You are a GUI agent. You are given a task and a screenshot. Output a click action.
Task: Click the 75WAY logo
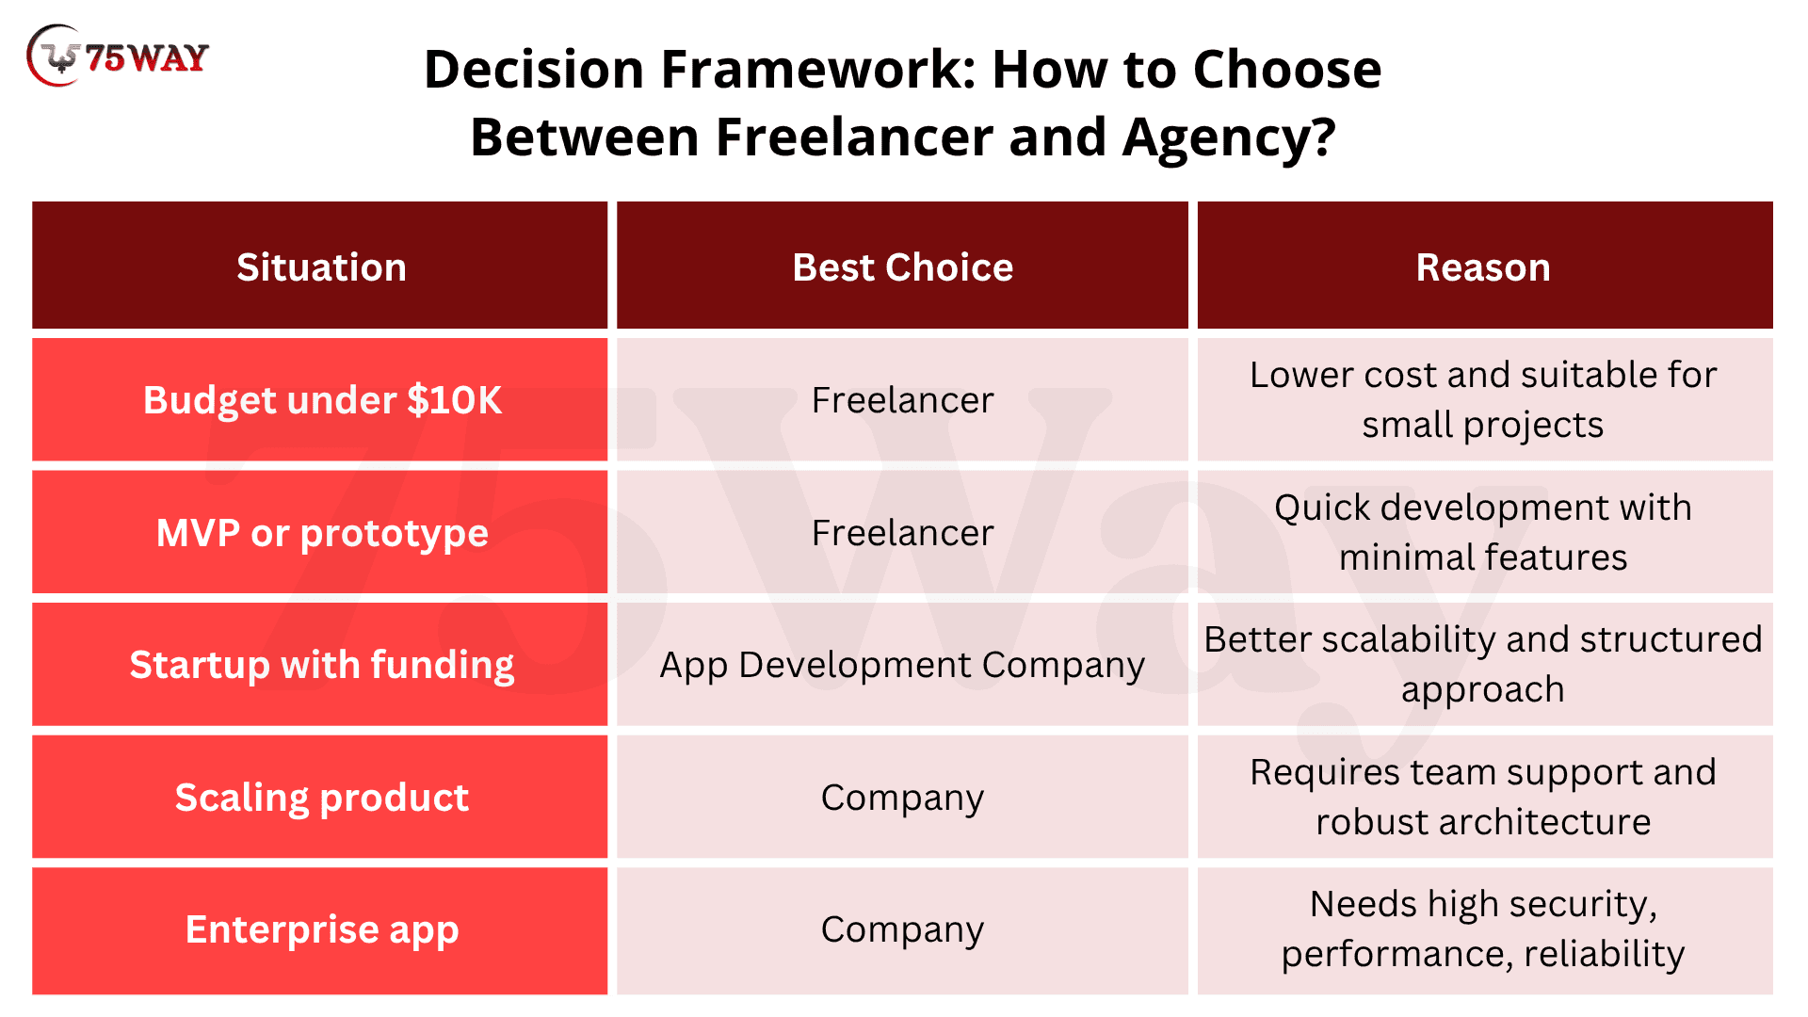pyautogui.click(x=118, y=56)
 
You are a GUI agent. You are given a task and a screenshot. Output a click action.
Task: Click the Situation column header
pyautogui.click(x=321, y=267)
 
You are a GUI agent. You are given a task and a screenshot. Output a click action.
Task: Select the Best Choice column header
pyautogui.click(x=902, y=267)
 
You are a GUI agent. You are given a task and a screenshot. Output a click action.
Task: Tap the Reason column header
pyautogui.click(x=1483, y=267)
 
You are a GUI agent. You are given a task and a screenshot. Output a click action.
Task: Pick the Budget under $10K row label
pyautogui.click(x=322, y=400)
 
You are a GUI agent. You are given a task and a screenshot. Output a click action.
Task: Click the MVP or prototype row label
pyautogui.click(x=322, y=533)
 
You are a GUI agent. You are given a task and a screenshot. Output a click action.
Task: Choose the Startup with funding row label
pyautogui.click(x=322, y=665)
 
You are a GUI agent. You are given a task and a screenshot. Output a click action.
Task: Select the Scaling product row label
pyautogui.click(x=322, y=798)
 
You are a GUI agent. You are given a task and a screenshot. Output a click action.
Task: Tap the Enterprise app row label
pyautogui.click(x=322, y=929)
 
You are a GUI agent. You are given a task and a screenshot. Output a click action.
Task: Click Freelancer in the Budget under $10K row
pyautogui.click(x=902, y=400)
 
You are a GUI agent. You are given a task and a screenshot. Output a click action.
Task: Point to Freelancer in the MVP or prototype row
pyautogui.click(x=902, y=533)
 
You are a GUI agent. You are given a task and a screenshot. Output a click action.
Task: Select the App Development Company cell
pyautogui.click(x=902, y=666)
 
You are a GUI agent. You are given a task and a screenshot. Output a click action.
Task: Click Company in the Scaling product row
pyautogui.click(x=902, y=798)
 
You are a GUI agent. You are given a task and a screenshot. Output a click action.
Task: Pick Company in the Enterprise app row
pyautogui.click(x=902, y=929)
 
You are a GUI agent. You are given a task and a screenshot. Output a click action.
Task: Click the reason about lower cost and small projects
pyautogui.click(x=1483, y=400)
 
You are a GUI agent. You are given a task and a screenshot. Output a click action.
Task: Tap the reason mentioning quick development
pyautogui.click(x=1483, y=533)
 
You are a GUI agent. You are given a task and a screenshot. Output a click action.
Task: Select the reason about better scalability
pyautogui.click(x=1483, y=665)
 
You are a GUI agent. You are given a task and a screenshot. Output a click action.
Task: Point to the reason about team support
pyautogui.click(x=1483, y=798)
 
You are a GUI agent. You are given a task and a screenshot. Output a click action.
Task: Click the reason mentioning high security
pyautogui.click(x=1483, y=929)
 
